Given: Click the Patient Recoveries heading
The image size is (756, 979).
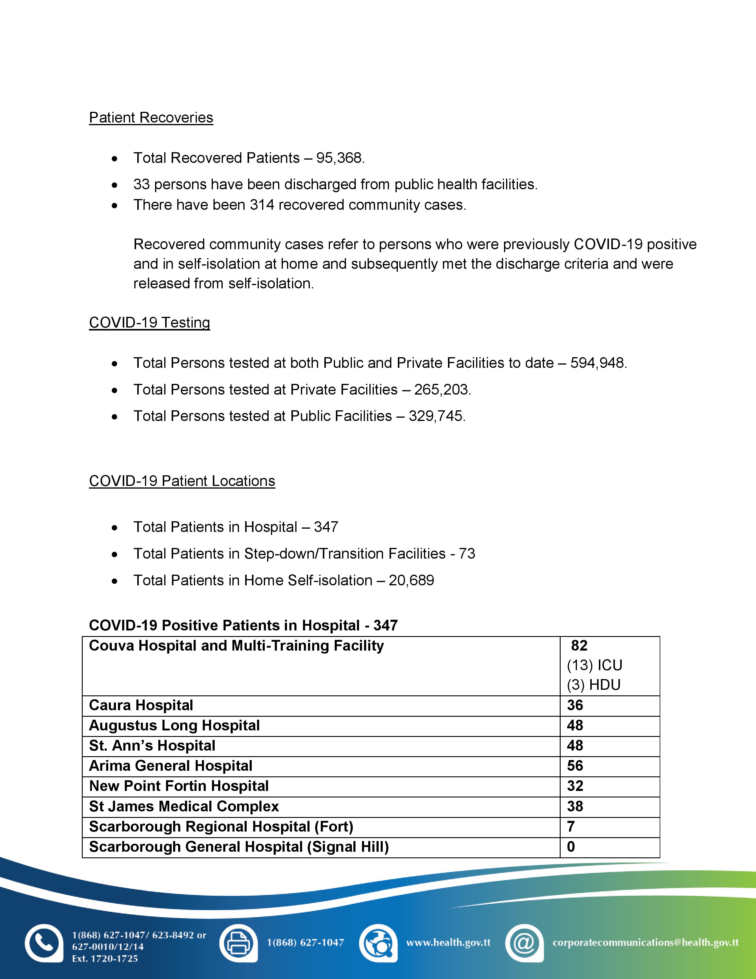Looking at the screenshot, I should point(151,117).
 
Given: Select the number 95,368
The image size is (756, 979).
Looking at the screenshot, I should point(339,158).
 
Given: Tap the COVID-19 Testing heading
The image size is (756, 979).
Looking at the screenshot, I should point(150,322).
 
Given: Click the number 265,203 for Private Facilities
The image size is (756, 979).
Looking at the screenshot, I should point(442,390).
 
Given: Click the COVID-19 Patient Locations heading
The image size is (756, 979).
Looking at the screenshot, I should point(182,481).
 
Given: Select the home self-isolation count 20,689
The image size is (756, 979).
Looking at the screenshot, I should point(411,581).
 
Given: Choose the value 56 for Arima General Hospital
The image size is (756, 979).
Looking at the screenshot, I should point(575,766).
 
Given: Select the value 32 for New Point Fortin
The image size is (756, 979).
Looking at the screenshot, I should point(575,786).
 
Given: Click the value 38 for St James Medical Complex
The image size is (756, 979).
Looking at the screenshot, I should point(575,806).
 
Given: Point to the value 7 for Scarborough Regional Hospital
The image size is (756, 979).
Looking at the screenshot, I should point(571,827).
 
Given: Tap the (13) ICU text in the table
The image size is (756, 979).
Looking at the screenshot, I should point(594,665).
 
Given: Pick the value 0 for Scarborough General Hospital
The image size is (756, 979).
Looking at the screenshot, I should point(571,847).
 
